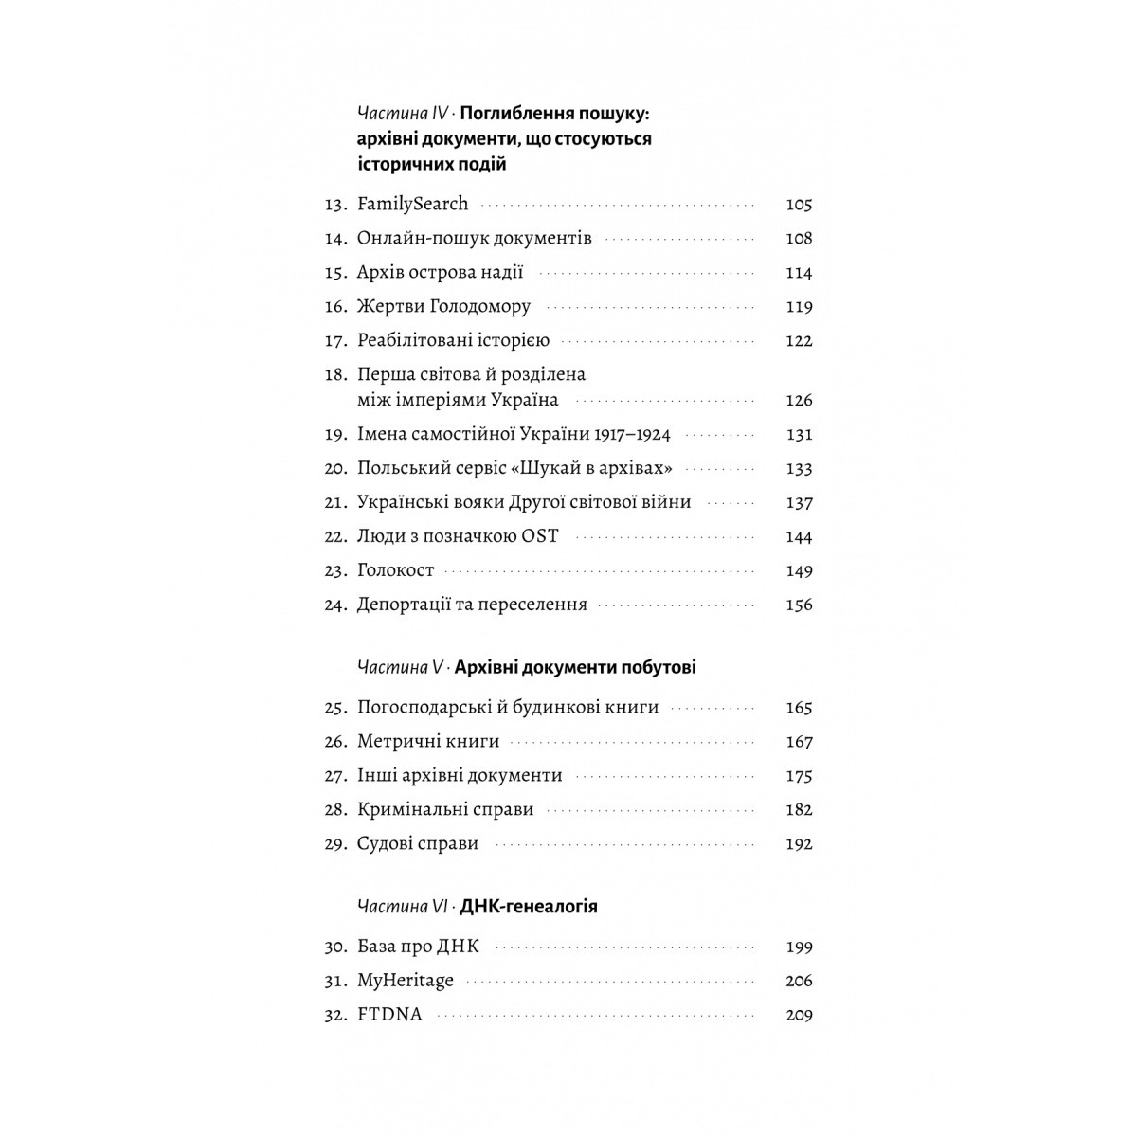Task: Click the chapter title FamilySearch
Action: coord(412,205)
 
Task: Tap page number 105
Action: coord(799,205)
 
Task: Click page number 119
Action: coord(799,307)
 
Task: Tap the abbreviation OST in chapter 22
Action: coord(540,536)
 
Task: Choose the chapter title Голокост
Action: coord(395,570)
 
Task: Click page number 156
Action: coord(799,605)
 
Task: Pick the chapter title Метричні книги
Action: coord(428,742)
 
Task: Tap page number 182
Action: coord(799,810)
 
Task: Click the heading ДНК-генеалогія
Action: coord(529,907)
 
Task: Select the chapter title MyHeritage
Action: coord(406,981)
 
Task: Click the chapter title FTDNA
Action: coord(389,1015)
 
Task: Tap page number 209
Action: coord(799,1015)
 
